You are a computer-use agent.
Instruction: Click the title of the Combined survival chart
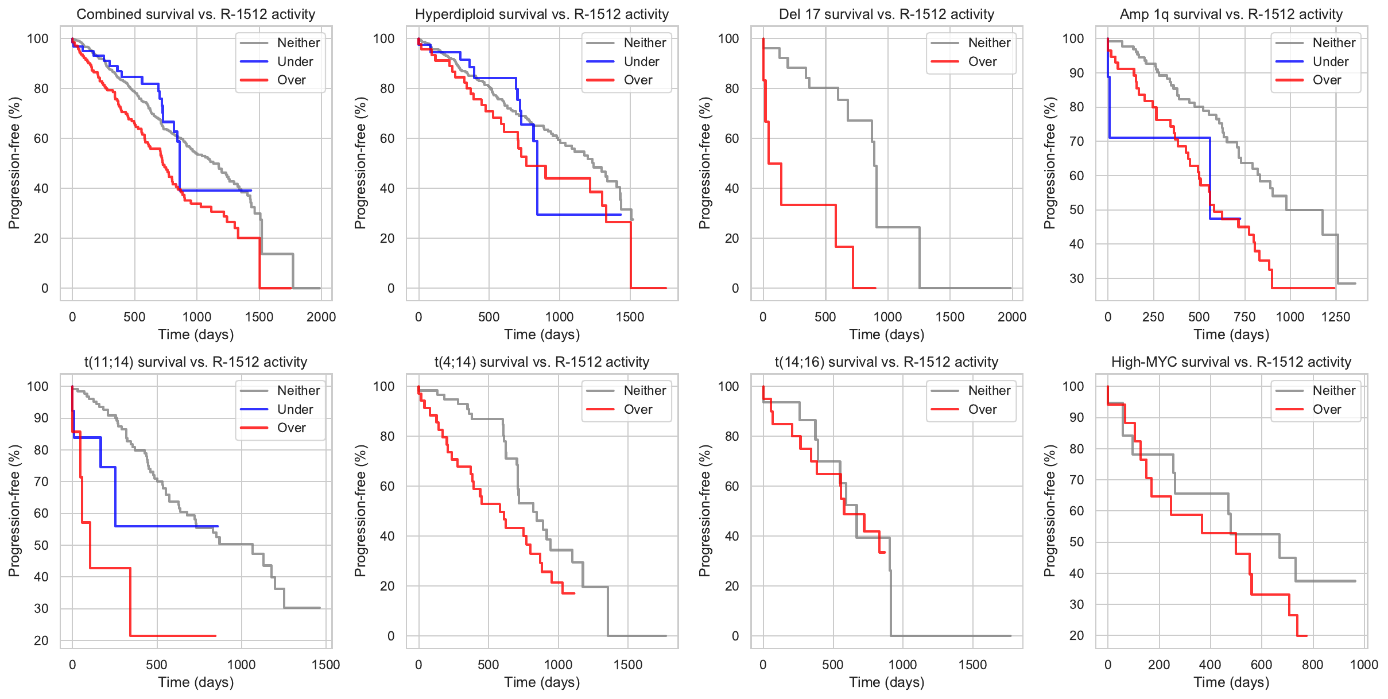[x=196, y=14]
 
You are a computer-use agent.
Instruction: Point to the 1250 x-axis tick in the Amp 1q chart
[x=1335, y=317]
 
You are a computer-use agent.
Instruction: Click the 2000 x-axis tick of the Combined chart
[x=321, y=317]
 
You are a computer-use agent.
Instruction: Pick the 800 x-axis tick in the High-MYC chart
[x=1312, y=665]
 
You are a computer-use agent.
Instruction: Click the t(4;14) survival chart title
[x=541, y=362]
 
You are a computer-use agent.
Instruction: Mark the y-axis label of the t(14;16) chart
[x=704, y=511]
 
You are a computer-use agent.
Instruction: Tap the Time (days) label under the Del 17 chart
[x=886, y=335]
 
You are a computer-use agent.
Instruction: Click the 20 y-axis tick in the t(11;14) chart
[x=41, y=640]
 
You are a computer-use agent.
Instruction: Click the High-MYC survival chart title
[x=1231, y=362]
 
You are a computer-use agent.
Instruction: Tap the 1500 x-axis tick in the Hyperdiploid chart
[x=630, y=317]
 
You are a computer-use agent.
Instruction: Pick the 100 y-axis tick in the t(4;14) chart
[x=383, y=386]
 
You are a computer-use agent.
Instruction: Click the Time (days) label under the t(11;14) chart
[x=196, y=682]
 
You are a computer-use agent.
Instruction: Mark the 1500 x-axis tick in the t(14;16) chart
[x=972, y=665]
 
